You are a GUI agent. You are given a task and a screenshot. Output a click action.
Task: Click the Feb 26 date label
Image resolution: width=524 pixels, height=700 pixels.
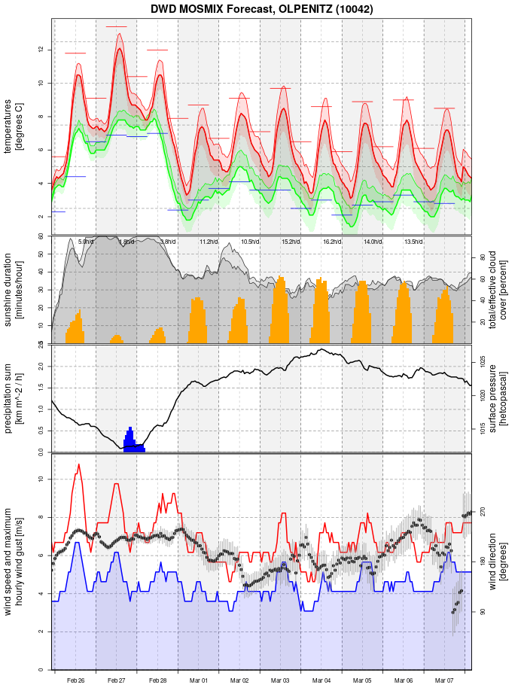click(75, 680)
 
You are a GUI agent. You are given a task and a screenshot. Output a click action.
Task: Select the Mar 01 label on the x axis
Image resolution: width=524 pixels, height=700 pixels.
click(199, 680)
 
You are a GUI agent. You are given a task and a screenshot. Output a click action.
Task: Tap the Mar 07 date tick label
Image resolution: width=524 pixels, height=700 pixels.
click(444, 680)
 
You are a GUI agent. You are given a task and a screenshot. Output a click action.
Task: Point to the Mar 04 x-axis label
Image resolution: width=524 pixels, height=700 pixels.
click(321, 680)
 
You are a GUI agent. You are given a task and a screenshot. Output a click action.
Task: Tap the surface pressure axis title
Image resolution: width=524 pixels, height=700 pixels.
click(498, 397)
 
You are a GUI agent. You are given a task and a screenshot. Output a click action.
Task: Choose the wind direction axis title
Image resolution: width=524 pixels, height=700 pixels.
click(498, 562)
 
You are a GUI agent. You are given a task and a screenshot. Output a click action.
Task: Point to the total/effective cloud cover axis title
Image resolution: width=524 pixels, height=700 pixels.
click(498, 290)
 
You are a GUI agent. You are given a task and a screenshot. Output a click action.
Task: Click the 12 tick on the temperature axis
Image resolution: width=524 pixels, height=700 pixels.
click(41, 50)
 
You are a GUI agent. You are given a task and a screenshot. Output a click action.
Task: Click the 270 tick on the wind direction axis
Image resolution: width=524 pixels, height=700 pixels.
click(482, 511)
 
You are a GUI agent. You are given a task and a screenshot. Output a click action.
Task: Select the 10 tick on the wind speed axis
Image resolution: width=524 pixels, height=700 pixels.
click(41, 479)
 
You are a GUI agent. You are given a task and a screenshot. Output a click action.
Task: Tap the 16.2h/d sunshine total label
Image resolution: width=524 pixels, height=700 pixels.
click(332, 242)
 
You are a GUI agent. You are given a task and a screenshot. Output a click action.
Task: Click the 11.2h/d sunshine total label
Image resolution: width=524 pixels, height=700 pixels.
click(209, 242)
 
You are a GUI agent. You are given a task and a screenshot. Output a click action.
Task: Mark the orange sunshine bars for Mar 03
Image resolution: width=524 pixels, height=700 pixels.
click(280, 312)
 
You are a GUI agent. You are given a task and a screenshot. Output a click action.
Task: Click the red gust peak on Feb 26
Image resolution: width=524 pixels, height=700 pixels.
click(78, 466)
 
